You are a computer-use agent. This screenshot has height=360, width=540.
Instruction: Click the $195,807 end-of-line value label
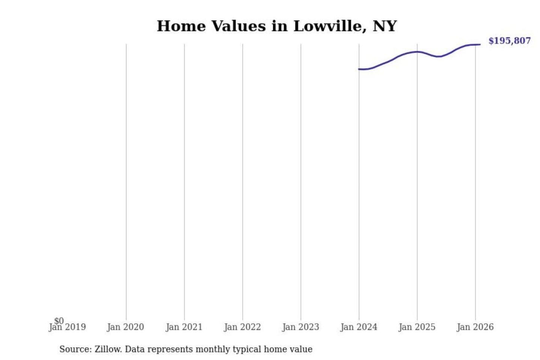pyautogui.click(x=509, y=41)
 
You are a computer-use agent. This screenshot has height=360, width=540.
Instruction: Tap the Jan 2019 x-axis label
pyautogui.click(x=68, y=327)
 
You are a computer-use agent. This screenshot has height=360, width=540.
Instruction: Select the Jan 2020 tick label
pyautogui.click(x=125, y=327)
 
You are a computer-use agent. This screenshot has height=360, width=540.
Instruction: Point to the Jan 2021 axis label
pyautogui.click(x=184, y=327)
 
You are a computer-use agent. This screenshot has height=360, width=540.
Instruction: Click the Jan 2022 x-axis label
pyautogui.click(x=242, y=327)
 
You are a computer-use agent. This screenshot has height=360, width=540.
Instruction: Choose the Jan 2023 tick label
pyautogui.click(x=300, y=327)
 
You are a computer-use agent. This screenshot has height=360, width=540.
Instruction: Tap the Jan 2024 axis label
pyautogui.click(x=358, y=327)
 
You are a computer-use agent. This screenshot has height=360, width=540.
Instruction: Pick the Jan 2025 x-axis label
pyautogui.click(x=417, y=327)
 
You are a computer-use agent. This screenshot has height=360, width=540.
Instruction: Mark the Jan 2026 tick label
pyautogui.click(x=475, y=327)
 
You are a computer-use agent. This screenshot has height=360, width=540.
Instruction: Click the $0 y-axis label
pyautogui.click(x=59, y=321)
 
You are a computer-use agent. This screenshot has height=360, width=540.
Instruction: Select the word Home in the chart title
pyautogui.click(x=181, y=26)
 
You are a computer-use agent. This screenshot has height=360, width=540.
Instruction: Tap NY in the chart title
pyautogui.click(x=385, y=26)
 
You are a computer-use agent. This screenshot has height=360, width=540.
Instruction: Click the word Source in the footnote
pyautogui.click(x=75, y=349)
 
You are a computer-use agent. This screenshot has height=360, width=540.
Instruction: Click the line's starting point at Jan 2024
pyautogui.click(x=359, y=69)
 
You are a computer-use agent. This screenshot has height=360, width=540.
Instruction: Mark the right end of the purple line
pyautogui.click(x=480, y=45)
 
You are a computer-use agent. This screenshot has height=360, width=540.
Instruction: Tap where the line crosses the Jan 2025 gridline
pyautogui.click(x=417, y=52)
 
